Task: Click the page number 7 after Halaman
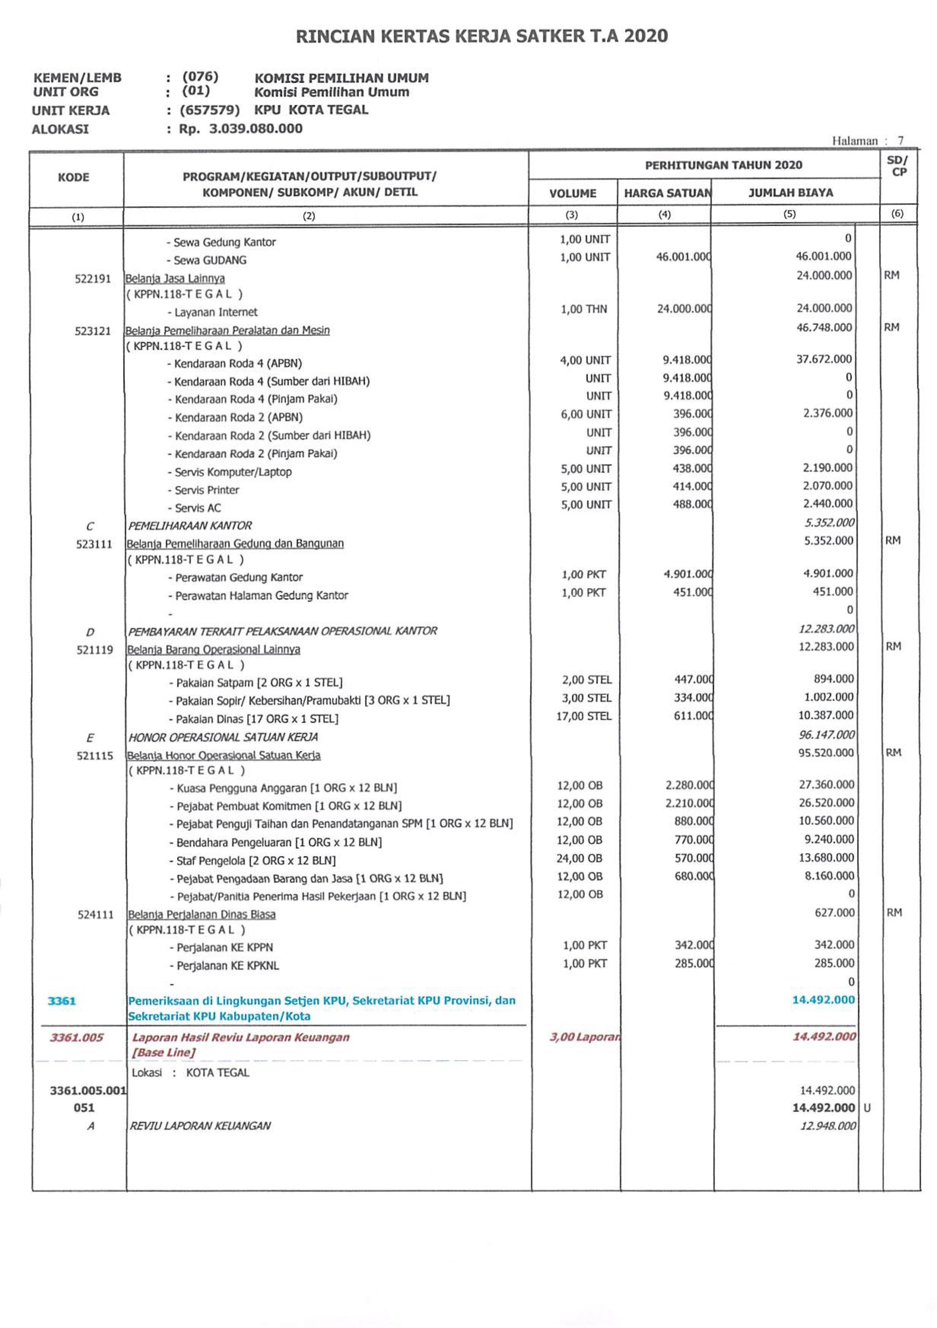click(900, 140)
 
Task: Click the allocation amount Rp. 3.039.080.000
click(240, 128)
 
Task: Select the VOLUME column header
click(572, 193)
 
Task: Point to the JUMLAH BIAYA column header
click(790, 193)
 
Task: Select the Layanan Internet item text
click(216, 312)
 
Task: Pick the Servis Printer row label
click(206, 490)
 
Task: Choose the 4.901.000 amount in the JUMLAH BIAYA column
click(828, 573)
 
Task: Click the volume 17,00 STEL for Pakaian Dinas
click(583, 716)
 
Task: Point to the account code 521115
click(95, 755)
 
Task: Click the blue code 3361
click(62, 1001)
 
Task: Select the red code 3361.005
click(76, 1037)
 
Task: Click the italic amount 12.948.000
click(827, 1126)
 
